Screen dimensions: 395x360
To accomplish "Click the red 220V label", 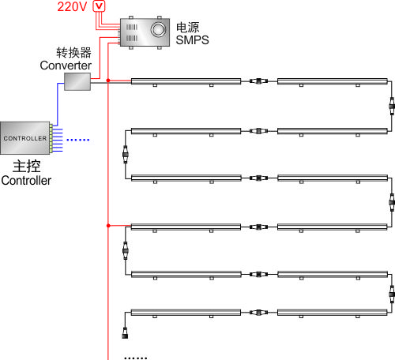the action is point(72,6).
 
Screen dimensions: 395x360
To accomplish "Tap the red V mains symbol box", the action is point(100,6).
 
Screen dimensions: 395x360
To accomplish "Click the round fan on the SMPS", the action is point(158,29).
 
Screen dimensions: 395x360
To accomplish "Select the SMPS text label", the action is point(192,40).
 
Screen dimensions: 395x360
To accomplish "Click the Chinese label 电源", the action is point(188,28).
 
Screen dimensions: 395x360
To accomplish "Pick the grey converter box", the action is point(77,81).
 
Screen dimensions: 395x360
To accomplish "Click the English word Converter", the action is point(66,66).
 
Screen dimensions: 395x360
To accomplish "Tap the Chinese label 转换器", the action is point(73,53).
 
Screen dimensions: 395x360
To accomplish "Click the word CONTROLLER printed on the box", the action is point(25,138).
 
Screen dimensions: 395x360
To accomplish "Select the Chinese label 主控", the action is point(27,167).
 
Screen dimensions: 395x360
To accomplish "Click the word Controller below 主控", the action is point(26,181).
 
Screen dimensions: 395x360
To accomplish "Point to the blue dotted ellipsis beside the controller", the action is point(78,140).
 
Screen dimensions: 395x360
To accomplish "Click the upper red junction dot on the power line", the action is point(108,81).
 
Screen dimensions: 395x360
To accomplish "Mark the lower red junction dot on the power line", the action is point(108,226).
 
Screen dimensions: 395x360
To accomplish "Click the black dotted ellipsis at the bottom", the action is point(136,358).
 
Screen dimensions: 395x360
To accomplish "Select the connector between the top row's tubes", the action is point(259,81).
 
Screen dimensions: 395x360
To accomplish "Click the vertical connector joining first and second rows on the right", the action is point(392,106).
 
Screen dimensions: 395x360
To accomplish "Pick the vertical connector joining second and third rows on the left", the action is point(126,155).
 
